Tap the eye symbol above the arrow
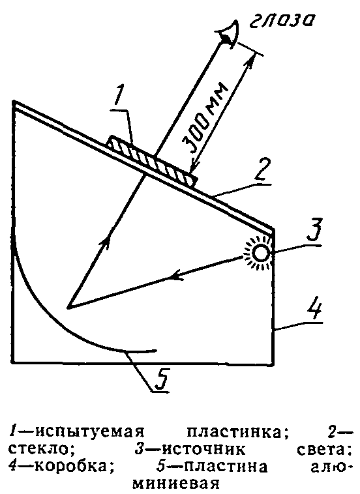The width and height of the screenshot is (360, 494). click(231, 34)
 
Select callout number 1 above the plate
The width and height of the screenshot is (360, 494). click(119, 93)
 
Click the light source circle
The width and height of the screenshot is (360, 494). click(261, 253)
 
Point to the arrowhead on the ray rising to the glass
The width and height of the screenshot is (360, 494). click(106, 243)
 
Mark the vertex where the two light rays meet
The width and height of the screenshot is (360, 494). click(68, 308)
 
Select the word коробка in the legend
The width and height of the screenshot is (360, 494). click(74, 466)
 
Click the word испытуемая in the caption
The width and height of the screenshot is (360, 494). click(89, 433)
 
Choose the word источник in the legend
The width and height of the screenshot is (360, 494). click(203, 449)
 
